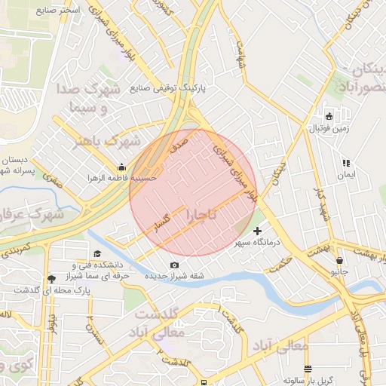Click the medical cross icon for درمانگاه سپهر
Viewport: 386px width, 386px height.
tap(258, 231)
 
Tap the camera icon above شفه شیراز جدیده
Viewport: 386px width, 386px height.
tap(175, 265)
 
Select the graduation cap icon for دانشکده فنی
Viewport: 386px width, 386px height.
tap(96, 255)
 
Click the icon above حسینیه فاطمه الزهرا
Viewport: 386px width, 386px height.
tap(121, 167)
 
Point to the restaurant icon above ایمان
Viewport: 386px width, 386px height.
tap(346, 163)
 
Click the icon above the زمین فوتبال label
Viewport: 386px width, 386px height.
tap(329, 116)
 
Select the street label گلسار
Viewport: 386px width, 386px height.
tap(164, 221)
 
